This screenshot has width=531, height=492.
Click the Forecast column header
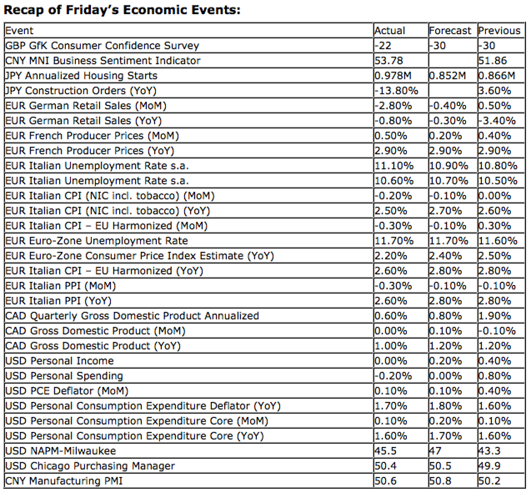(x=450, y=31)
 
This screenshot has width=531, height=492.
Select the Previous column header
(x=499, y=31)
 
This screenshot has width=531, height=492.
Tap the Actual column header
(x=390, y=31)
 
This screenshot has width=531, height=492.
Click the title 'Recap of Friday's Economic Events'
(x=122, y=10)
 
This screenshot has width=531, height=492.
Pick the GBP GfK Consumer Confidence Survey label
(x=102, y=46)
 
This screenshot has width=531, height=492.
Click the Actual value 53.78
(x=389, y=61)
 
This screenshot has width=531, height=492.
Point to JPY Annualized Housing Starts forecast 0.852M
(x=447, y=76)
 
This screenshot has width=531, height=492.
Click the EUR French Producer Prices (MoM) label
(x=92, y=136)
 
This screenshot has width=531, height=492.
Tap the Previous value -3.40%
(x=497, y=121)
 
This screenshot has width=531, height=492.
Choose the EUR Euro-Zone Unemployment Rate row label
(x=96, y=241)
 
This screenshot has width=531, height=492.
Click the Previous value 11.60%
(x=498, y=241)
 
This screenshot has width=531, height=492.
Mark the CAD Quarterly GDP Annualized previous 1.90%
(x=494, y=316)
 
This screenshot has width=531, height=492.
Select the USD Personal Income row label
(x=60, y=361)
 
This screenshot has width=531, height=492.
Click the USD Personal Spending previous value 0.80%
(x=494, y=376)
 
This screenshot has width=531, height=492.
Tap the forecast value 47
(x=435, y=451)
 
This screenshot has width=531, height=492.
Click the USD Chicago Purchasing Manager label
(x=90, y=466)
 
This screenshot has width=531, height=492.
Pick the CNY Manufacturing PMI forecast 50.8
(x=440, y=481)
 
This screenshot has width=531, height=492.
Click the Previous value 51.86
(x=493, y=61)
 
